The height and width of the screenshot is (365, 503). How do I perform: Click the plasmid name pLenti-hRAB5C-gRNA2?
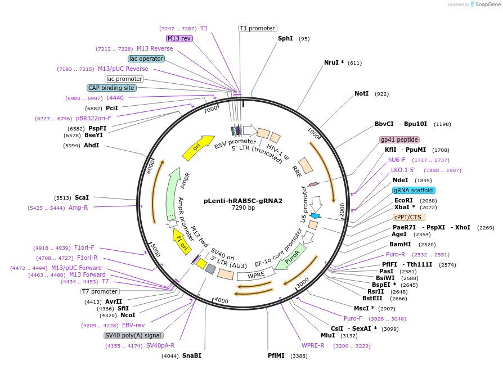point(243,201)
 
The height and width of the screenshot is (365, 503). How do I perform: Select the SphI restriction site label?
point(285,39)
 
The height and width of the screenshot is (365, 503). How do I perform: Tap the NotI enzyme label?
point(361,93)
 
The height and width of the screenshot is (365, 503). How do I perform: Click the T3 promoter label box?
point(257,28)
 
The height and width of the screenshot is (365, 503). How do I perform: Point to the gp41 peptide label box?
point(399,139)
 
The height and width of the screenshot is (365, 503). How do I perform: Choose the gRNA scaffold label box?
point(414,190)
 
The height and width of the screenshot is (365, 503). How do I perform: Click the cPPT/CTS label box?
point(409,217)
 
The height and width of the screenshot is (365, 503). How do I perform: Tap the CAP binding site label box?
point(111,88)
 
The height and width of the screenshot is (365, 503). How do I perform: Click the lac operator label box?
point(146,58)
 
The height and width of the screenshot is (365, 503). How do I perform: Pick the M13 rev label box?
point(179,38)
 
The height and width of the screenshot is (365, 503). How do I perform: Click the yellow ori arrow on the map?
point(198,147)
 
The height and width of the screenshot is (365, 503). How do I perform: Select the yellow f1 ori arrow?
point(181,241)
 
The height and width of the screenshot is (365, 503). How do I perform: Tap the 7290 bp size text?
point(243,208)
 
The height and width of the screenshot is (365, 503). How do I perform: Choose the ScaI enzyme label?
point(82,197)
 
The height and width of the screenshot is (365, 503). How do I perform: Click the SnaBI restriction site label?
point(191,355)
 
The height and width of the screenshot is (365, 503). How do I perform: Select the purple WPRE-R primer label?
point(313,345)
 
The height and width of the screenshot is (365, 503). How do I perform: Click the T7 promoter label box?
point(100,291)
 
